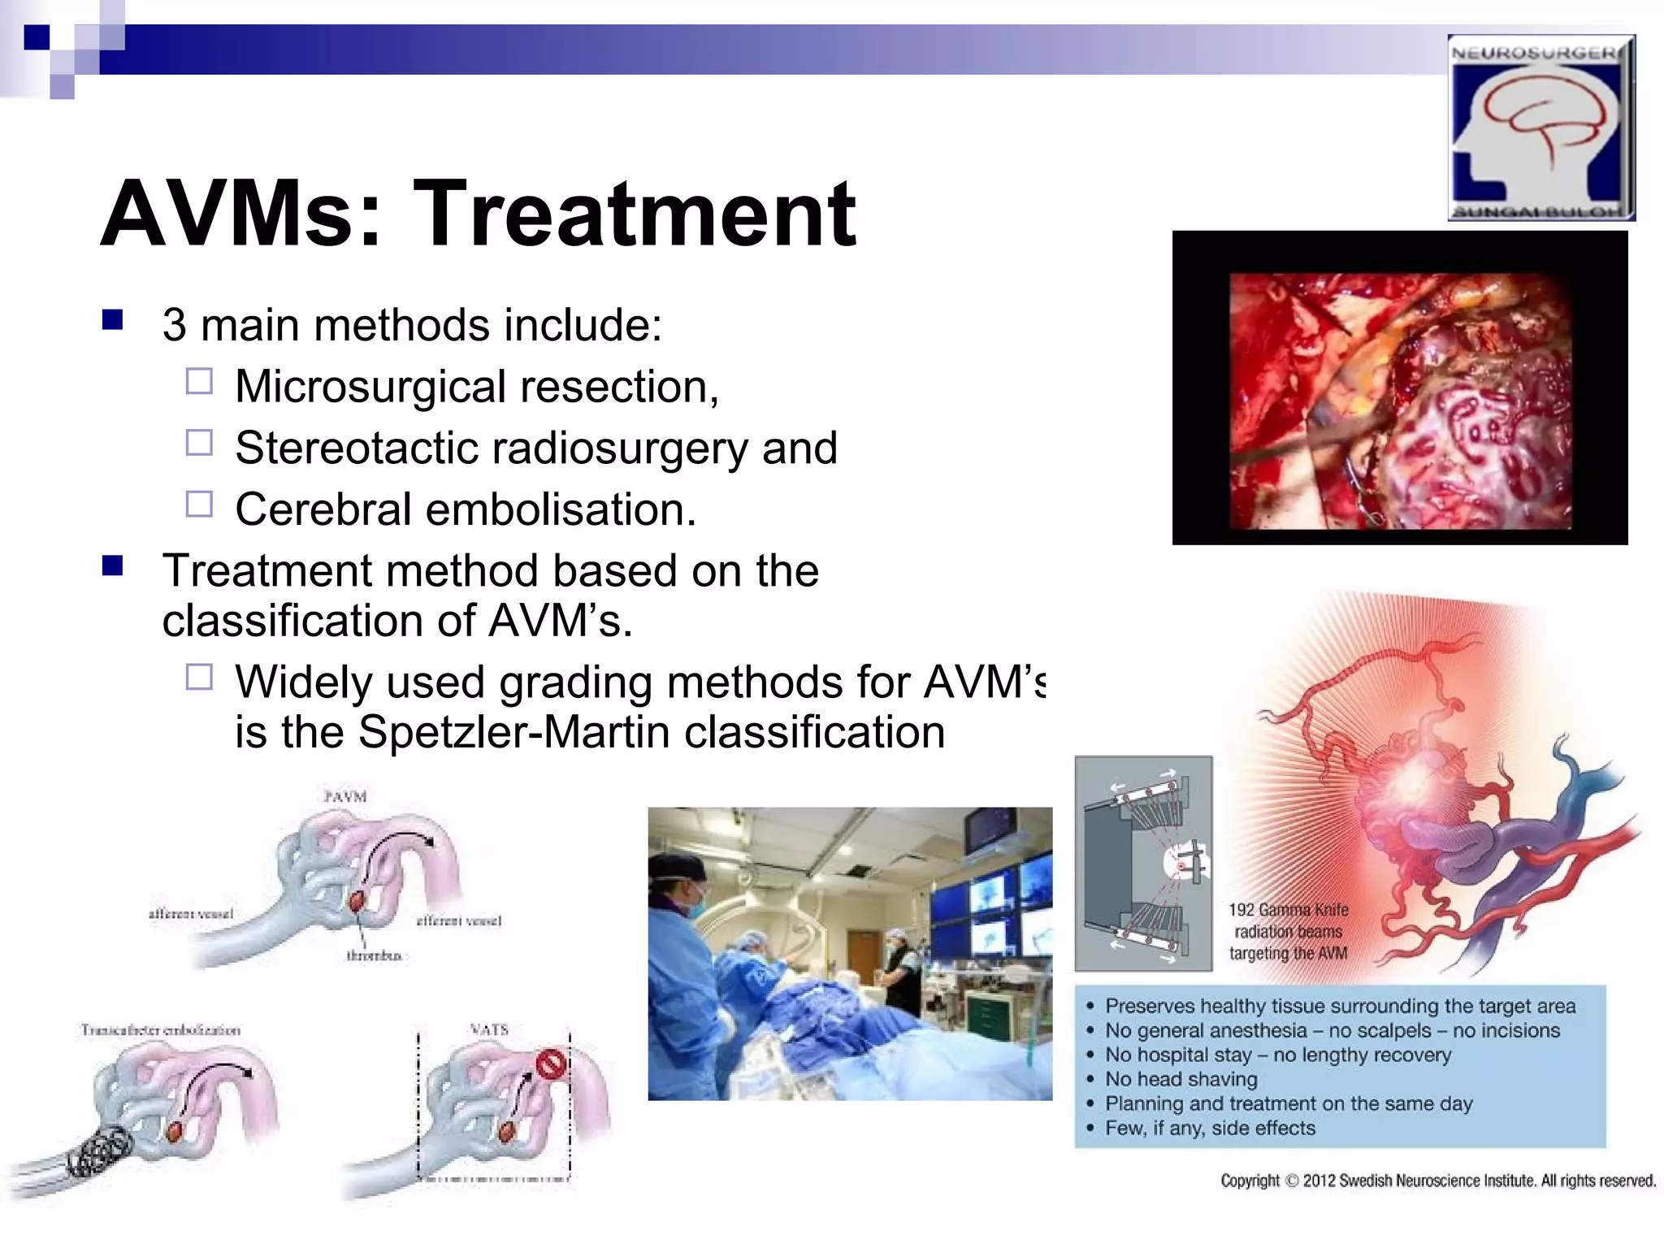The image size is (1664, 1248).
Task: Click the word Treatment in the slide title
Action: tap(634, 214)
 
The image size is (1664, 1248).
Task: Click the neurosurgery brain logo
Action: tap(1540, 128)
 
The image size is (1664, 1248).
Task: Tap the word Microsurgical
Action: tap(370, 387)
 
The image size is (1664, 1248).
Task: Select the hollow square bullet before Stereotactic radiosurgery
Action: tap(199, 444)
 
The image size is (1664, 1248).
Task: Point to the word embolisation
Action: tap(560, 510)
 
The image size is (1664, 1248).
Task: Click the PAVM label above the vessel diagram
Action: tap(344, 797)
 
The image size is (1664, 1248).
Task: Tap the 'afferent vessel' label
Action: tap(190, 914)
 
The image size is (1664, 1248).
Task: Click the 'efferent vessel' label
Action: tap(458, 921)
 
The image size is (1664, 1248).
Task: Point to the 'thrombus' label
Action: tap(374, 956)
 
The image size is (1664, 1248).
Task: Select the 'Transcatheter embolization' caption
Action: tap(160, 1030)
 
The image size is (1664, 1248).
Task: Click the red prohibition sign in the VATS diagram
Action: tap(552, 1064)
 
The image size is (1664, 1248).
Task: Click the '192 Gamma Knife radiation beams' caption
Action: tap(1288, 931)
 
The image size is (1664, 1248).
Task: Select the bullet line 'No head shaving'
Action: tap(1181, 1079)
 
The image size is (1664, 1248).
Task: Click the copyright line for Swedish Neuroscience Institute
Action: tap(1437, 1181)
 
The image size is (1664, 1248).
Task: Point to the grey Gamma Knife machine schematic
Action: tap(1142, 864)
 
